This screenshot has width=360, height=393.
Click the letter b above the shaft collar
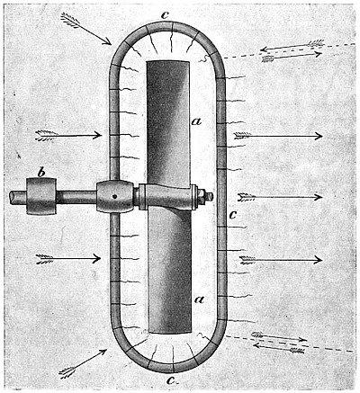41,173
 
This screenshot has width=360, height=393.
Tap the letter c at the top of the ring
165,15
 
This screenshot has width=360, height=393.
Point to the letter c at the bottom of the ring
171,380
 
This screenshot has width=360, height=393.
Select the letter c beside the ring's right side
233,214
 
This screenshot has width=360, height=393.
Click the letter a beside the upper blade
197,121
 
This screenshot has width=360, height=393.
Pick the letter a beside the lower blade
199,299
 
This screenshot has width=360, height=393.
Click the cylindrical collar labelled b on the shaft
41,196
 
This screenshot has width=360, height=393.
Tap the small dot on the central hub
114,197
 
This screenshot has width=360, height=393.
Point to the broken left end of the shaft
12,198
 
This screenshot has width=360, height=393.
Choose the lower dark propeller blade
170,270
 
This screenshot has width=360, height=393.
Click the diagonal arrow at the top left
86,29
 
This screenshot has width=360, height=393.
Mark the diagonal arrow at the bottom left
84,363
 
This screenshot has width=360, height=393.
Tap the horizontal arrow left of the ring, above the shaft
68,135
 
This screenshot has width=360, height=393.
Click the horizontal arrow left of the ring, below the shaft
68,258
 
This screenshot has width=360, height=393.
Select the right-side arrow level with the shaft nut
280,197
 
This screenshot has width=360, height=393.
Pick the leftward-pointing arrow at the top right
292,45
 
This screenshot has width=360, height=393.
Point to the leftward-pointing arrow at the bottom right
278,348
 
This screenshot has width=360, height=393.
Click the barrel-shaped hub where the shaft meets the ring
115,197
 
